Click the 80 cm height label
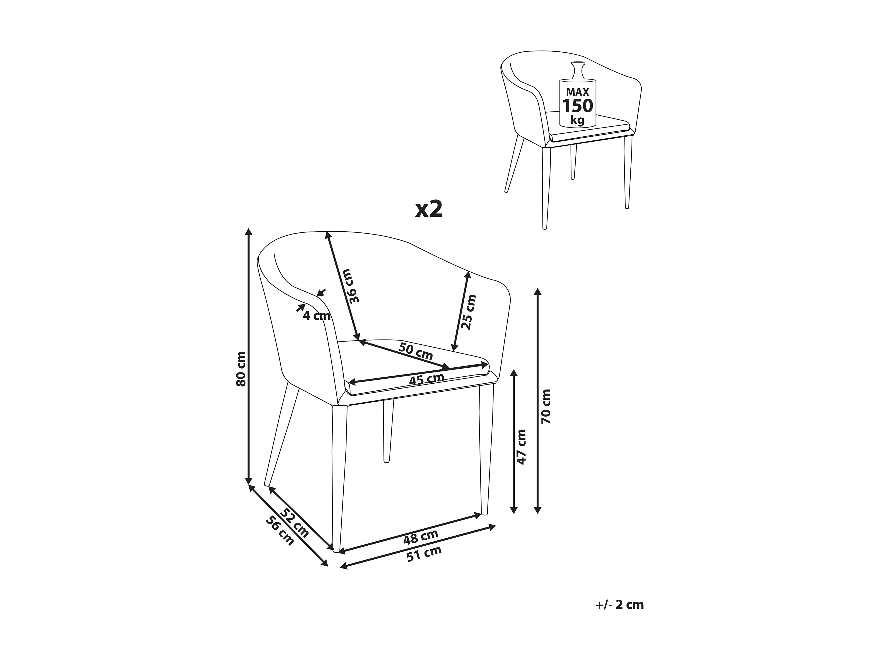241,369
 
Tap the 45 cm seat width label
427,379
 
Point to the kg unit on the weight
577,120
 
